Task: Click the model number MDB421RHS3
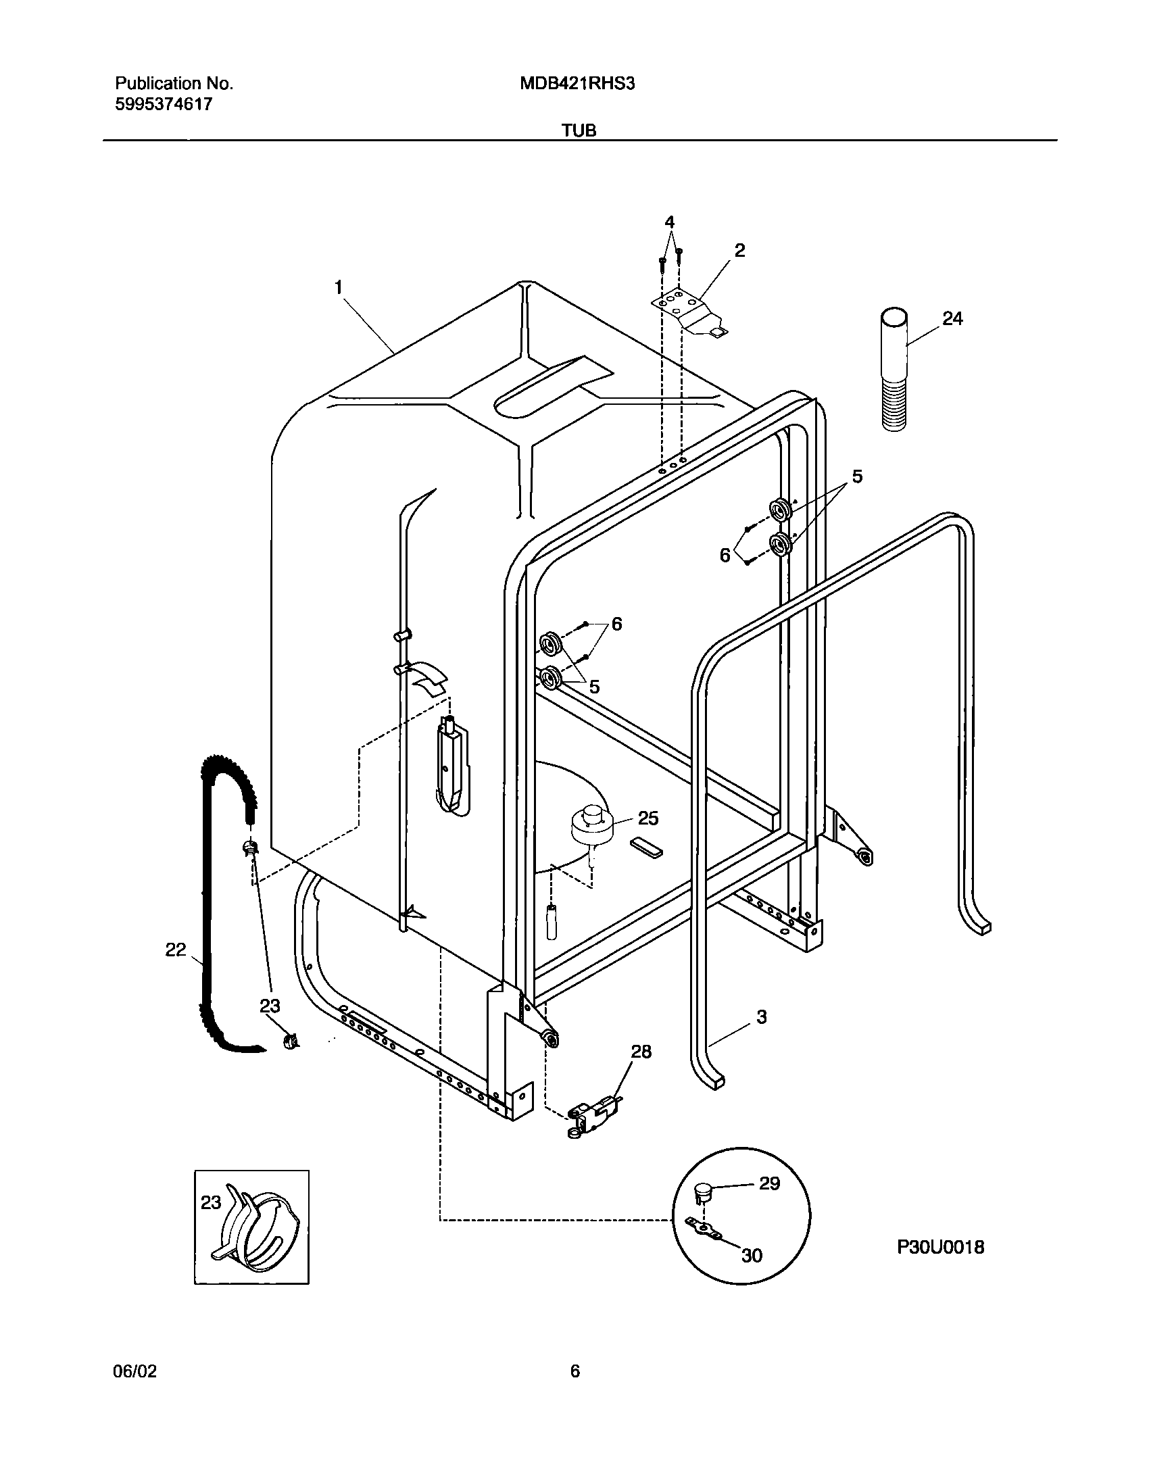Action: pyautogui.click(x=577, y=84)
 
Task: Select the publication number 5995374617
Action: pyautogui.click(x=164, y=104)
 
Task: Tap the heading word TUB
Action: pyautogui.click(x=580, y=130)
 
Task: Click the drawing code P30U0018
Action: pyautogui.click(x=940, y=1247)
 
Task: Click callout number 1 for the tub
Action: pyautogui.click(x=338, y=288)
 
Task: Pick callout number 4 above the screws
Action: pyautogui.click(x=669, y=222)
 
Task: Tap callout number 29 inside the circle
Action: pyautogui.click(x=769, y=1183)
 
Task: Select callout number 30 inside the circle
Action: pyautogui.click(x=752, y=1255)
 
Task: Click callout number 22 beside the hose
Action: pyautogui.click(x=175, y=950)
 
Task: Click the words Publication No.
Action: pyautogui.click(x=174, y=84)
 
